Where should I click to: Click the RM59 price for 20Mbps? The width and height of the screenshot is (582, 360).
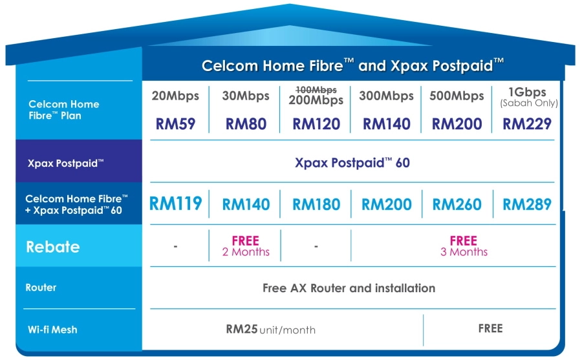tap(175, 123)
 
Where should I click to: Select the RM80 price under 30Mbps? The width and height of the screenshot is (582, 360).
tap(246, 123)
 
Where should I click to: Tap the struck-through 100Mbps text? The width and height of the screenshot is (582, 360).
tap(317, 89)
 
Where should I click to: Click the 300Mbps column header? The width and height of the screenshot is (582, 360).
tap(386, 96)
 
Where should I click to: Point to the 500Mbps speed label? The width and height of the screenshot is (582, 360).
tap(457, 96)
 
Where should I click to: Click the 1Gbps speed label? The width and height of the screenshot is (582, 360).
tap(528, 92)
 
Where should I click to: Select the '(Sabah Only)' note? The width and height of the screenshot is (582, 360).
tap(528, 103)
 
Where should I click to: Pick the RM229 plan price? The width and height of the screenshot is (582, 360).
tap(528, 123)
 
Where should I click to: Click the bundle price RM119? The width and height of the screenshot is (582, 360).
tap(175, 204)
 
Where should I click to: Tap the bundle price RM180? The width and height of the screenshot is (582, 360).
tap(316, 205)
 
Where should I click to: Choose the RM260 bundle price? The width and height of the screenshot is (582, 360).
tap(457, 205)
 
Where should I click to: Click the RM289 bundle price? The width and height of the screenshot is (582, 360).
tap(527, 205)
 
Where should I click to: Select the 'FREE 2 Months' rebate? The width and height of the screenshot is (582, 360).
tap(246, 246)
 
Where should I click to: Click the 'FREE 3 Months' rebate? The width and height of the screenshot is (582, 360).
tap(464, 246)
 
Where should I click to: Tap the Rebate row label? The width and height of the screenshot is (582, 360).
tap(52, 247)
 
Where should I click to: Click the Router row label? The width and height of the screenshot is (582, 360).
tap(41, 288)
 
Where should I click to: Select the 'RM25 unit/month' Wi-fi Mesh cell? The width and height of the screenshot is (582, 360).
tap(270, 330)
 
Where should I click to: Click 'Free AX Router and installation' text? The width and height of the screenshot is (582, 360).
tap(349, 288)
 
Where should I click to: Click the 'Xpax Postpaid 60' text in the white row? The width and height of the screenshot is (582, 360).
tap(352, 163)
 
